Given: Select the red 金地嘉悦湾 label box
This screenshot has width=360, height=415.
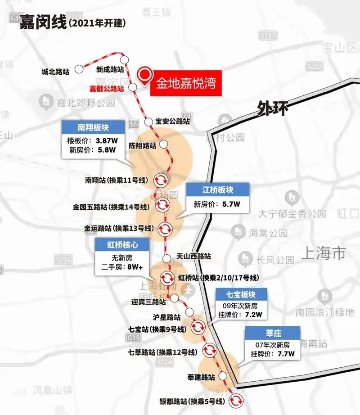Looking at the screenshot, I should tap(185, 83).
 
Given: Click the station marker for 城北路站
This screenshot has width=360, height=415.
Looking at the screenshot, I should tap(79, 69).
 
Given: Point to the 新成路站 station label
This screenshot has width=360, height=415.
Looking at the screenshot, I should tap(110, 69).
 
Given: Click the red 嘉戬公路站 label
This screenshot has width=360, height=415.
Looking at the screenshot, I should tap(106, 89).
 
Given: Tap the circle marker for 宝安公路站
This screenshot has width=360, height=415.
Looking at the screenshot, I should tap(148, 121).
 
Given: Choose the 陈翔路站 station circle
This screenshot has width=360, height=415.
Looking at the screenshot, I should tap(164, 144).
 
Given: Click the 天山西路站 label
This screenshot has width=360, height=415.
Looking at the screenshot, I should tap(194, 256).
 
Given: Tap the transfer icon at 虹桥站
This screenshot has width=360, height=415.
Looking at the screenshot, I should tap(167, 277).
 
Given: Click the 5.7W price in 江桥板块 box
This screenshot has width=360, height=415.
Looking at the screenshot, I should tap(231, 204).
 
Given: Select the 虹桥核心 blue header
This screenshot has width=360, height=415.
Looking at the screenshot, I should tap(121, 245).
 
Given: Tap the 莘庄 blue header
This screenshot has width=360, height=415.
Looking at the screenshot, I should tap(273, 333).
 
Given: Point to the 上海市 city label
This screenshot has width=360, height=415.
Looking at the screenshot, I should tap(324, 253).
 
